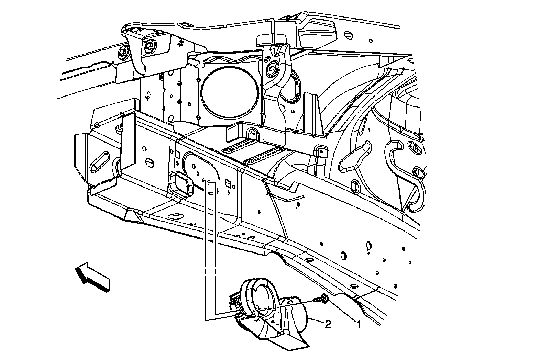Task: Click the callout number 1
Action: coord(359,324)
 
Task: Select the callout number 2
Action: coord(328,324)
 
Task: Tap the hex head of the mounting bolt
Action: coord(324,299)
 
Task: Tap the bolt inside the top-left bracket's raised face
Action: coord(150,45)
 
